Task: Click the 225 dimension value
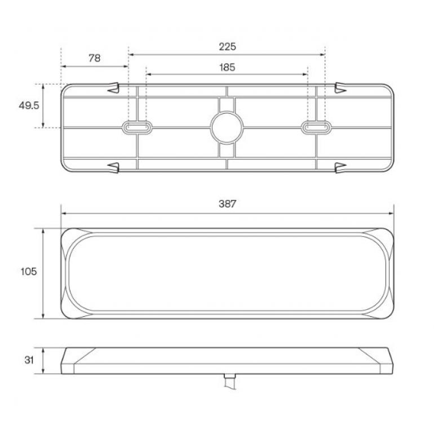[x=227, y=46]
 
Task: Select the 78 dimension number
[x=94, y=58]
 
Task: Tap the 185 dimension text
[x=227, y=67]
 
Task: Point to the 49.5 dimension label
[x=29, y=105]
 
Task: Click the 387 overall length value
[x=227, y=203]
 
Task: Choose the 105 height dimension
[x=29, y=272]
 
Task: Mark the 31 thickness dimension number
[x=29, y=360]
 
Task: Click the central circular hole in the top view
[x=227, y=127]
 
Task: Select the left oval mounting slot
[x=137, y=127]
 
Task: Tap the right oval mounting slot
[x=316, y=127]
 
